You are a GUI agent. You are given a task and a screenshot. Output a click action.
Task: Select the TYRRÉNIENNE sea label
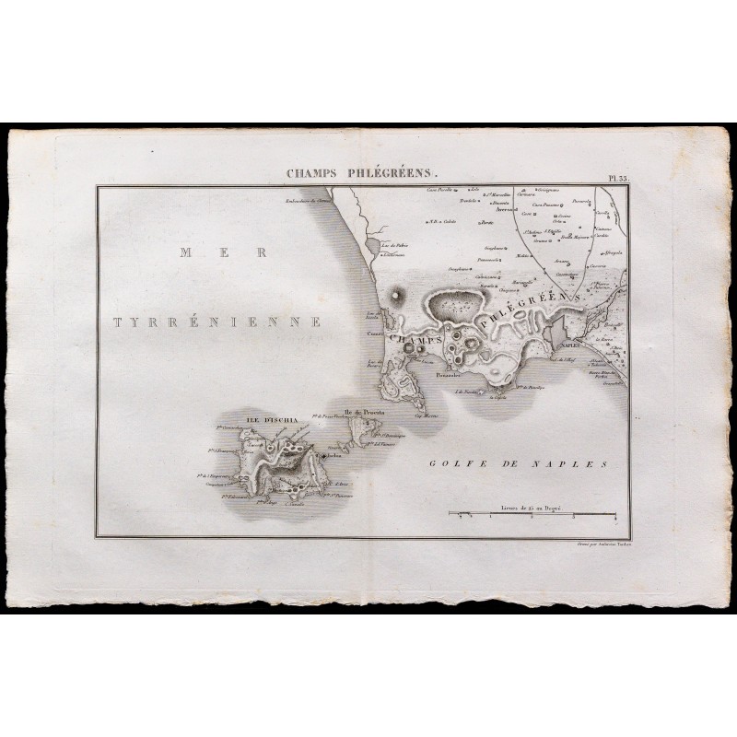click(216, 322)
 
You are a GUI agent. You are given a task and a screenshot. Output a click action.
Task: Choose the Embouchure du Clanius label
click(305, 197)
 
